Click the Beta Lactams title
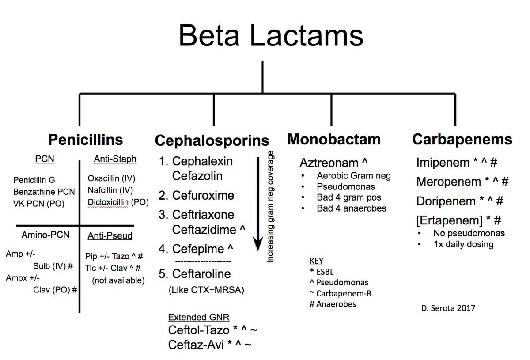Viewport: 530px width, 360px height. point(271,36)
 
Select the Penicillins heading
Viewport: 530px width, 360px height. point(86,140)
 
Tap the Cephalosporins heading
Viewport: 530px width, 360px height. point(212,141)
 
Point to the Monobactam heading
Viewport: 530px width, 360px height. point(334,140)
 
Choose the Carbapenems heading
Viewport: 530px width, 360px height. point(462,140)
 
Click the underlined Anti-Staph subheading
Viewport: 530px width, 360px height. point(115,159)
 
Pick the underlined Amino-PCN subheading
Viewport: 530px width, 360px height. point(45,235)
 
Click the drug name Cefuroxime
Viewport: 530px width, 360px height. point(203,196)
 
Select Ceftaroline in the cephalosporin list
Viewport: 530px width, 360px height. point(201,274)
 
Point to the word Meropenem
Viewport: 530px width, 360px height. point(448,182)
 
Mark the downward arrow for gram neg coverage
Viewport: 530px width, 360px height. point(256,208)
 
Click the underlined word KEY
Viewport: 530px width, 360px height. point(316,261)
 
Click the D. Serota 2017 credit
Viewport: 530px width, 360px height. point(448,308)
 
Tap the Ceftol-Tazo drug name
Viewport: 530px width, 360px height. point(199,330)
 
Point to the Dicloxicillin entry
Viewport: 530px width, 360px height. point(109,202)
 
